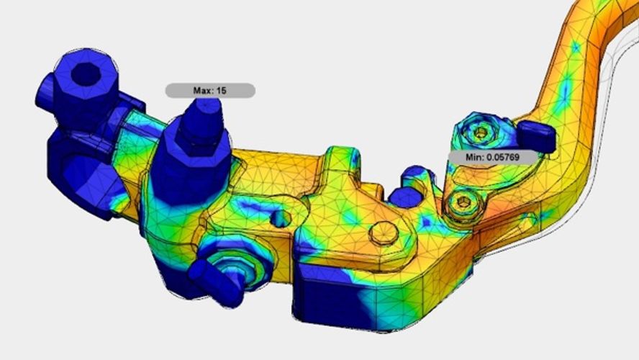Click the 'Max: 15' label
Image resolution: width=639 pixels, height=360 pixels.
pyautogui.click(x=209, y=91)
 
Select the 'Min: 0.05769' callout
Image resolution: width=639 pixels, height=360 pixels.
pyautogui.click(x=493, y=156)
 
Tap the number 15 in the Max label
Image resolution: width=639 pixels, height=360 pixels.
pyautogui.click(x=222, y=91)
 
